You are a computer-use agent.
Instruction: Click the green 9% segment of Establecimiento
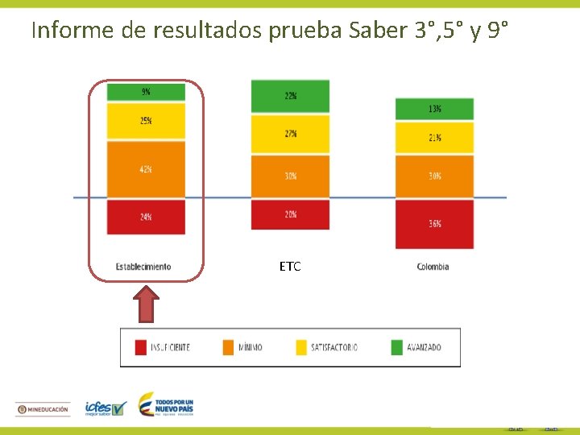(x=146, y=92)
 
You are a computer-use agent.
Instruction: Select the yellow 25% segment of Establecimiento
(x=146, y=121)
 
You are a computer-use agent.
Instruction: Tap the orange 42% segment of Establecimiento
(x=146, y=169)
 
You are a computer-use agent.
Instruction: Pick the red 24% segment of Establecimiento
(x=146, y=217)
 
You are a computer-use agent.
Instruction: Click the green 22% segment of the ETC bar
(x=290, y=96)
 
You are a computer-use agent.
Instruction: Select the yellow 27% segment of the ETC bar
(x=290, y=134)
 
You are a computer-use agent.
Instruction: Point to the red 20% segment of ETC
(x=290, y=214)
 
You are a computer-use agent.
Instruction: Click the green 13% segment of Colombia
(x=434, y=109)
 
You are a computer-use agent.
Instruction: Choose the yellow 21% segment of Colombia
(x=434, y=138)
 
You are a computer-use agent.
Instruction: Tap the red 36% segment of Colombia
(x=434, y=224)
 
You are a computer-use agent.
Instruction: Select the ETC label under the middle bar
(x=290, y=267)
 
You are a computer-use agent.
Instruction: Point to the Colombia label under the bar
(x=433, y=267)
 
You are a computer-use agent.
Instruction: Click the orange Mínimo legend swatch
(x=227, y=347)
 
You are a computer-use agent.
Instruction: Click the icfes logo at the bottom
(x=106, y=408)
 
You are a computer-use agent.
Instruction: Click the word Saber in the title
(x=379, y=31)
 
